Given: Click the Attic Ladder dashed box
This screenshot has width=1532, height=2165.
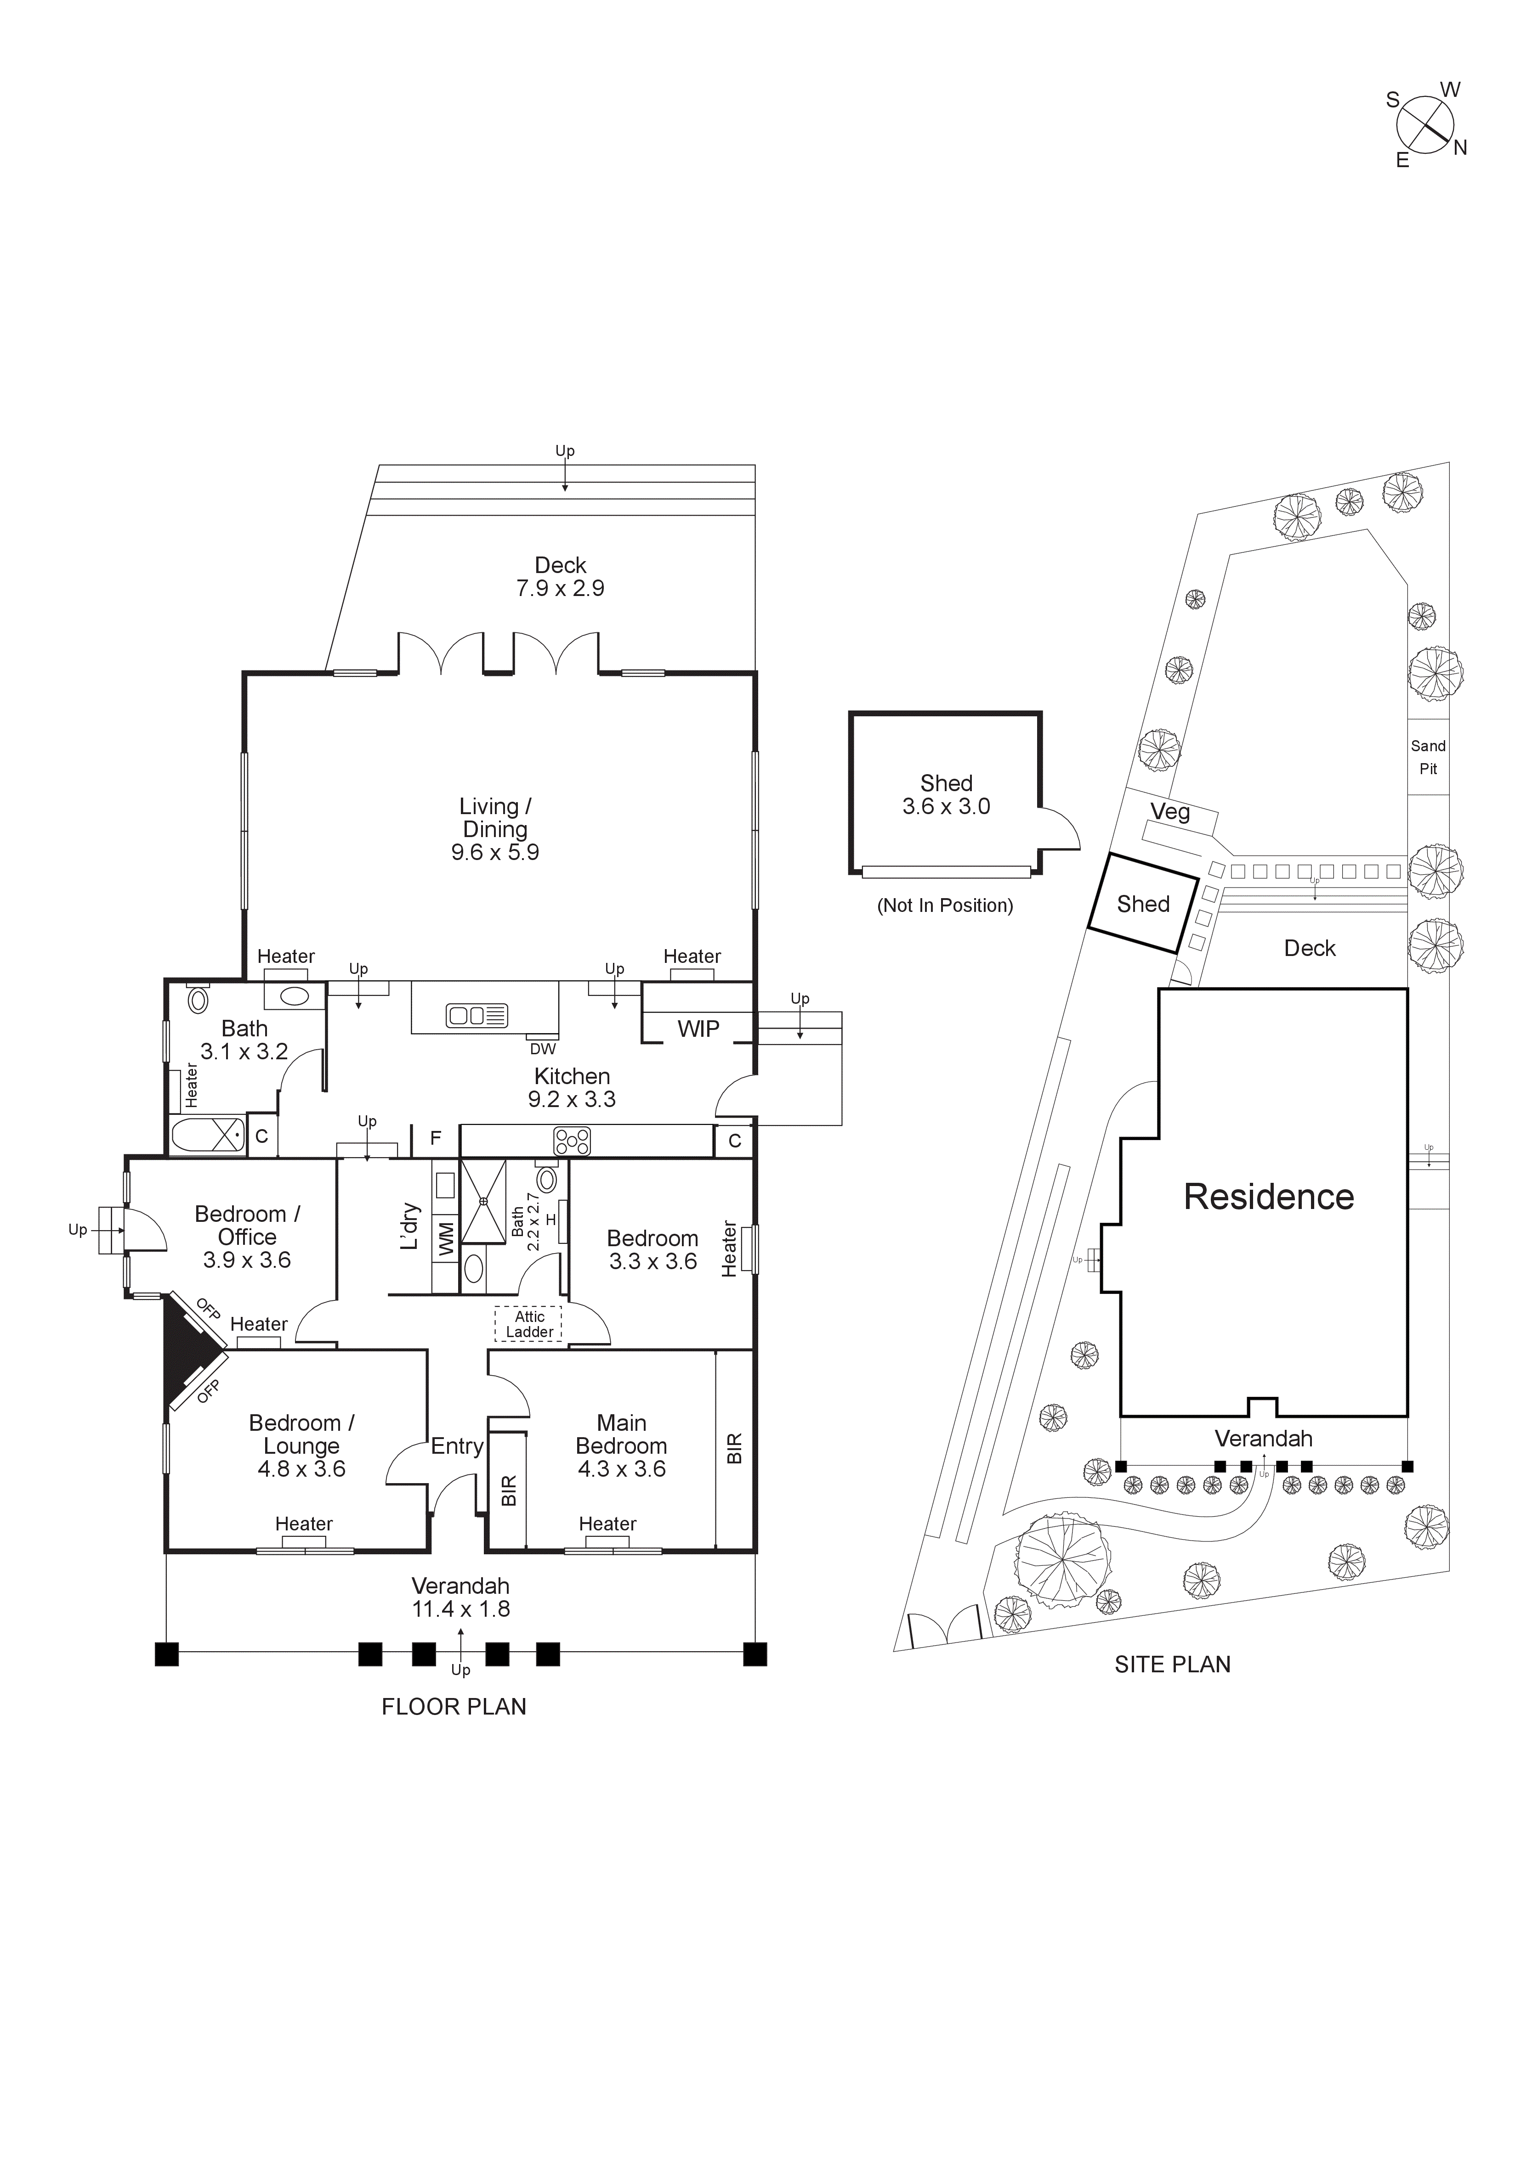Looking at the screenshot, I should click(x=528, y=1324).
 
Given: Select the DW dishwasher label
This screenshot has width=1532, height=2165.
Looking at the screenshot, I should click(x=542, y=1049).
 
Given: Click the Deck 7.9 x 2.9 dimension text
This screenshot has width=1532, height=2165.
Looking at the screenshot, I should click(x=560, y=588).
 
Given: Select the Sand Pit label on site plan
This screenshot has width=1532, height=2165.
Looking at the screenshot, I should click(x=1428, y=757).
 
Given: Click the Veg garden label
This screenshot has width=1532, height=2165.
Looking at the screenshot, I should click(x=1170, y=812).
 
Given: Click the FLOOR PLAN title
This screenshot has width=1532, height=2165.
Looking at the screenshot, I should click(x=454, y=1707).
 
